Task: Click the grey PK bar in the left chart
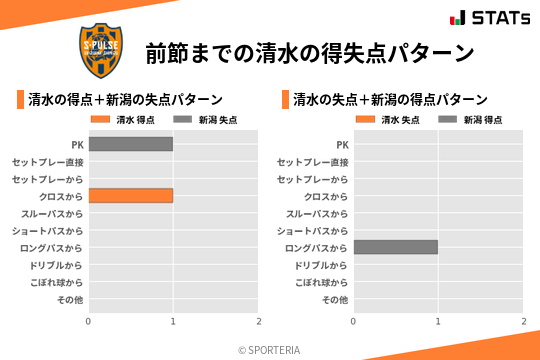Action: click(130, 144)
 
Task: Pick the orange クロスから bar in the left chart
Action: click(130, 196)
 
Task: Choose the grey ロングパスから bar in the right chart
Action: click(395, 247)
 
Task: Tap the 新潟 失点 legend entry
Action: click(205, 120)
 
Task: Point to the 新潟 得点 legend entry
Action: click(470, 120)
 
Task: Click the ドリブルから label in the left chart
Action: click(57, 265)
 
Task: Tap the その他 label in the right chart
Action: click(334, 300)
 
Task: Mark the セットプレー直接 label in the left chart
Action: click(48, 162)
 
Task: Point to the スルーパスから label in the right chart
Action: click(317, 214)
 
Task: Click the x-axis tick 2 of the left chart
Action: click(258, 321)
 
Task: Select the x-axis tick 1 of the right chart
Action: click(438, 321)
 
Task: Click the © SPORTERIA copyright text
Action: click(269, 350)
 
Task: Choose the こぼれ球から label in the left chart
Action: click(55, 283)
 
